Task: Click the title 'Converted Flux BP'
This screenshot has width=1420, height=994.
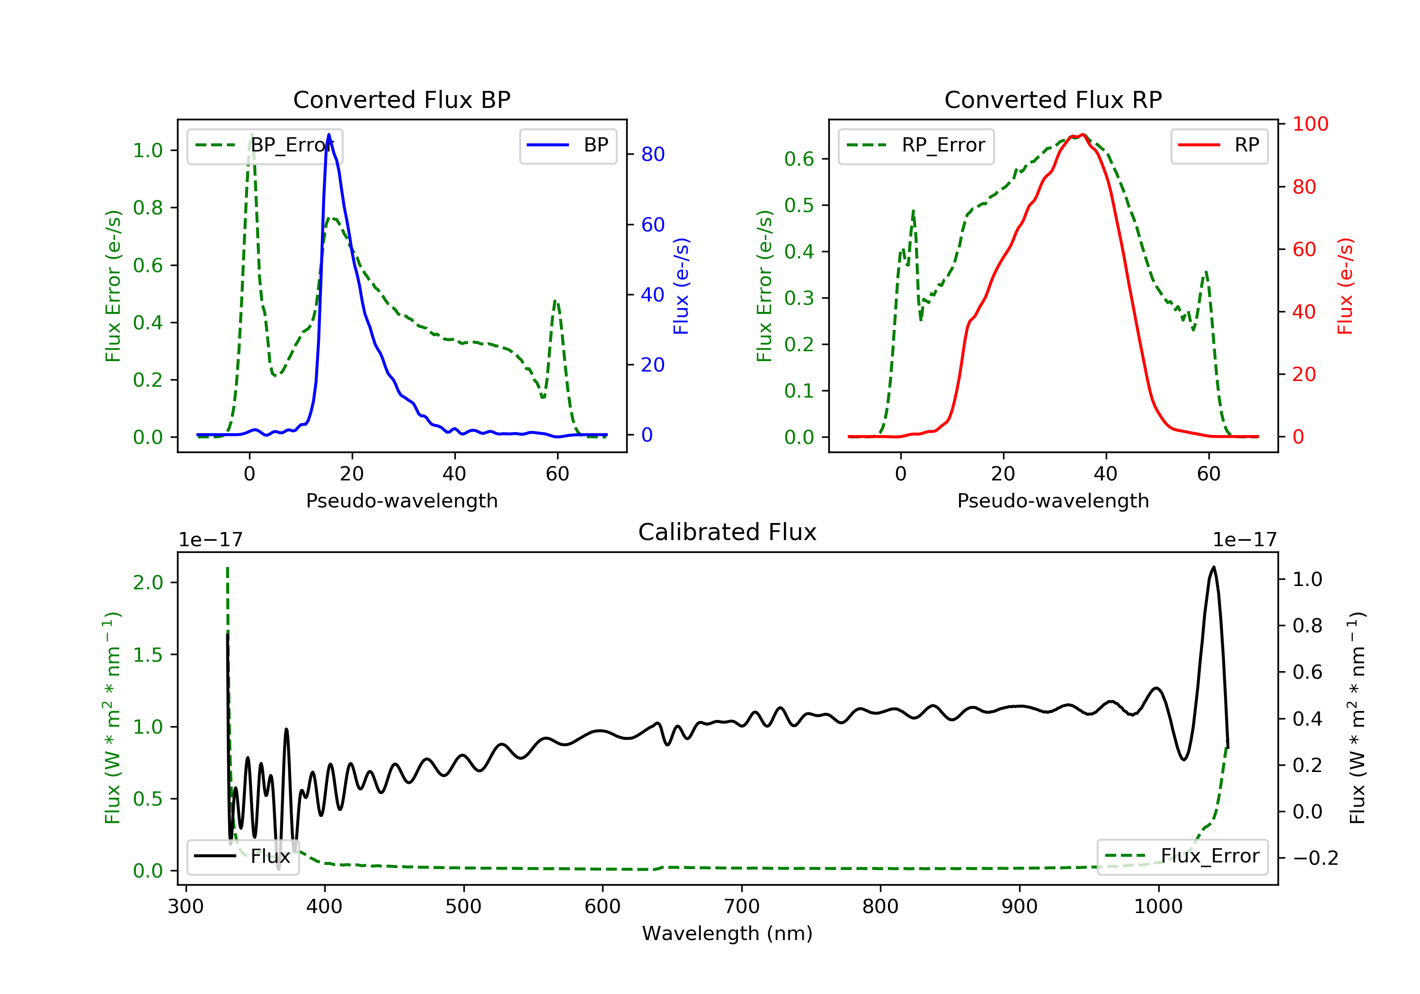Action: pyautogui.click(x=402, y=99)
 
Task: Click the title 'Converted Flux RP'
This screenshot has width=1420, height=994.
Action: pyautogui.click(x=1053, y=99)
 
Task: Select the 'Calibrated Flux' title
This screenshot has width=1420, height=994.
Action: pyautogui.click(x=728, y=532)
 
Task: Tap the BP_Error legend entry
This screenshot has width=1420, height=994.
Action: pyautogui.click(x=265, y=146)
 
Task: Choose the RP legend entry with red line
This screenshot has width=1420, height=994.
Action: pyautogui.click(x=1219, y=145)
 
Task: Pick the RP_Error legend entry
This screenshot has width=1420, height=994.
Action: pyautogui.click(x=916, y=146)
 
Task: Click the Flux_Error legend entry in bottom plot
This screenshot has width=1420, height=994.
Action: pyautogui.click(x=1182, y=856)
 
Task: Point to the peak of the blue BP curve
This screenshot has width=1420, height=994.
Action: pyautogui.click(x=328, y=134)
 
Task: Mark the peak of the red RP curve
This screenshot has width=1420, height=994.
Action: pyautogui.click(x=1083, y=135)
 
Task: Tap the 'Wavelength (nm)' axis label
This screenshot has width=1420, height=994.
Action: pyautogui.click(x=728, y=933)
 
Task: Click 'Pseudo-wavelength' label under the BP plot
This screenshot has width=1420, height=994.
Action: pyautogui.click(x=402, y=501)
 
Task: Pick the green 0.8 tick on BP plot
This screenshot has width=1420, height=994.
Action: pyautogui.click(x=148, y=208)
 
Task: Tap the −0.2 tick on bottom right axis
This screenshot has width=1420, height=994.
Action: pyautogui.click(x=1315, y=858)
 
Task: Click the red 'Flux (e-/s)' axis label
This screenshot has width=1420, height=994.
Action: pyautogui.click(x=1345, y=286)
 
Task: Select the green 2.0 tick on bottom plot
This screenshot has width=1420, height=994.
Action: pyautogui.click(x=148, y=583)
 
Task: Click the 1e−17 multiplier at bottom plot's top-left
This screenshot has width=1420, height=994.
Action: pyautogui.click(x=211, y=540)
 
